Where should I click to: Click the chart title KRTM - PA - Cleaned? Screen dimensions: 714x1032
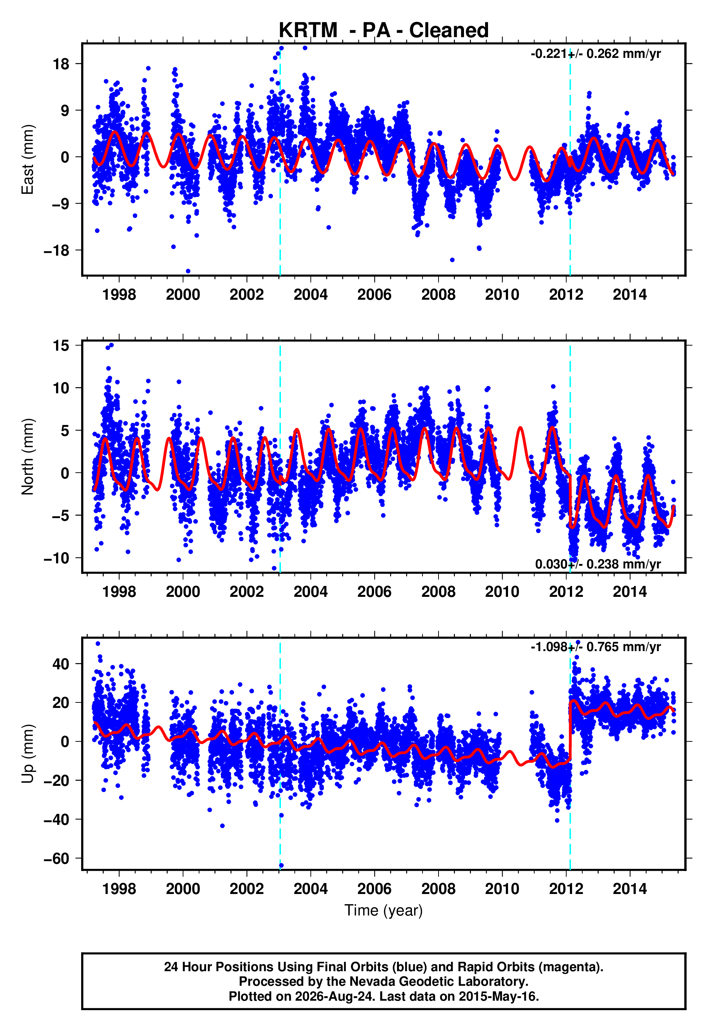click(x=384, y=31)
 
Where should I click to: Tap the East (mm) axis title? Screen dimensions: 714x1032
click(x=27, y=159)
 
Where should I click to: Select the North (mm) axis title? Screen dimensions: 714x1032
click(x=27, y=457)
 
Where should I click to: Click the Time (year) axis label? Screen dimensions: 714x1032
click(x=384, y=910)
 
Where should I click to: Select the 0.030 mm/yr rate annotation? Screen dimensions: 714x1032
click(x=598, y=564)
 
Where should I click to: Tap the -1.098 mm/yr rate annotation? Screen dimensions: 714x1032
click(x=595, y=647)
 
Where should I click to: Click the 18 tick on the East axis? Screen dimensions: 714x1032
click(x=61, y=64)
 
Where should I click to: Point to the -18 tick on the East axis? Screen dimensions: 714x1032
click(x=57, y=251)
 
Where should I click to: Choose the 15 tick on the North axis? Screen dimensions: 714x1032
click(x=61, y=346)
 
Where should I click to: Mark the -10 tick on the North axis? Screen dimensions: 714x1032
click(x=57, y=558)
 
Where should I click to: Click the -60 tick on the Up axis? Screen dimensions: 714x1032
click(x=57, y=858)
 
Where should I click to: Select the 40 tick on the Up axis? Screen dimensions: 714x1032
click(x=61, y=664)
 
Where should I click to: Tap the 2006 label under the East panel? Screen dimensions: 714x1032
click(x=374, y=295)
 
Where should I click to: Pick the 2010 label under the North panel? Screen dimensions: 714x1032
click(x=502, y=592)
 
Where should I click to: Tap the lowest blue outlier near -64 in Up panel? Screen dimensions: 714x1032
click(x=281, y=866)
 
